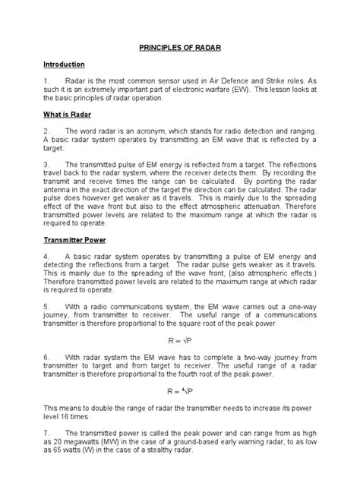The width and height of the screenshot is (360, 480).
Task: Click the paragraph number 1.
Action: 46,81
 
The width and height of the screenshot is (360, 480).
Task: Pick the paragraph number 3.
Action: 46,163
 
